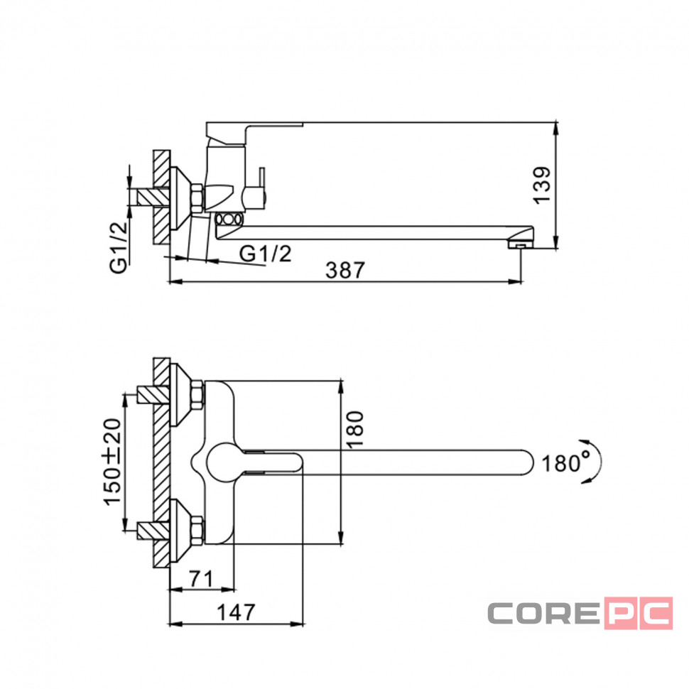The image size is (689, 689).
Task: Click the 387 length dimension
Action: point(345,270)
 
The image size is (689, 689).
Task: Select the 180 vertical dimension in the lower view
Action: point(354,430)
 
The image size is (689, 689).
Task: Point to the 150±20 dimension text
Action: point(112,462)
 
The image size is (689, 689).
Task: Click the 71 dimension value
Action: point(201,578)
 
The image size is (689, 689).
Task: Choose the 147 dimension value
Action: point(236,612)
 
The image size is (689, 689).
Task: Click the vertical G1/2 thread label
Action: point(118,247)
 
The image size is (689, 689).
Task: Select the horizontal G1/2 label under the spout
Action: point(265,254)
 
